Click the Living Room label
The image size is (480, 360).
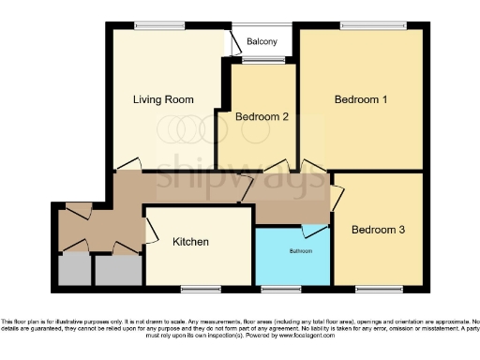(163, 98)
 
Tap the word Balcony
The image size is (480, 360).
(262, 42)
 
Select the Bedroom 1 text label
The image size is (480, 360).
(361, 98)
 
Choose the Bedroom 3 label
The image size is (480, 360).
(377, 230)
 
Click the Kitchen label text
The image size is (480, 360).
(190, 242)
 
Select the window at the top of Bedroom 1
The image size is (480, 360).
(360, 25)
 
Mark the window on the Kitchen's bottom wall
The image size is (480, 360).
(198, 287)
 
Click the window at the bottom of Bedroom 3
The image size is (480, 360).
(373, 287)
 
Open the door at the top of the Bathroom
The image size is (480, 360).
(315, 229)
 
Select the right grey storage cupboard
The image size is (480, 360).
(116, 271)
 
